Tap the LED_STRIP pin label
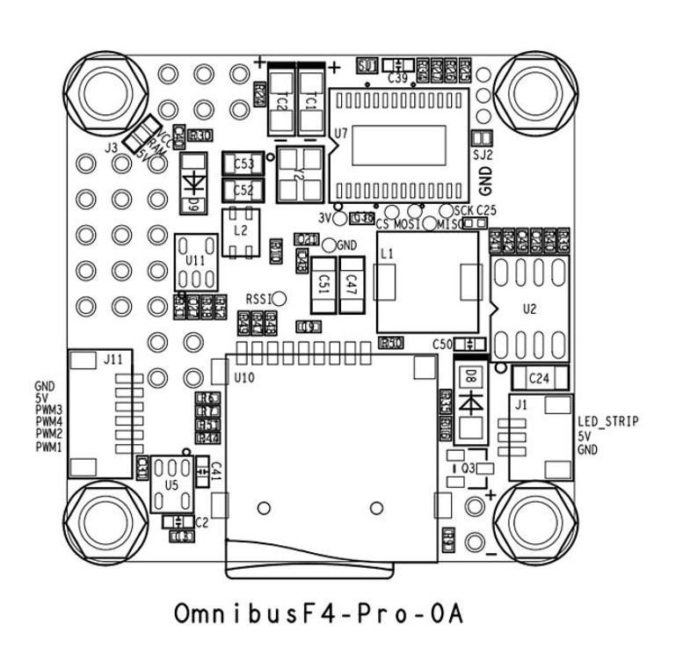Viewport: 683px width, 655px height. tap(607, 423)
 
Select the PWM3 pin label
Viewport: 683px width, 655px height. tap(48, 411)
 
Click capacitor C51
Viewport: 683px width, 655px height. tap(323, 284)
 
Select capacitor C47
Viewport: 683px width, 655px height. tap(352, 284)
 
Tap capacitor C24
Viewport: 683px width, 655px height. tap(539, 378)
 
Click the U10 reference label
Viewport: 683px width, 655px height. tap(243, 378)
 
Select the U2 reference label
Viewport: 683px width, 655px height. tap(529, 309)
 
